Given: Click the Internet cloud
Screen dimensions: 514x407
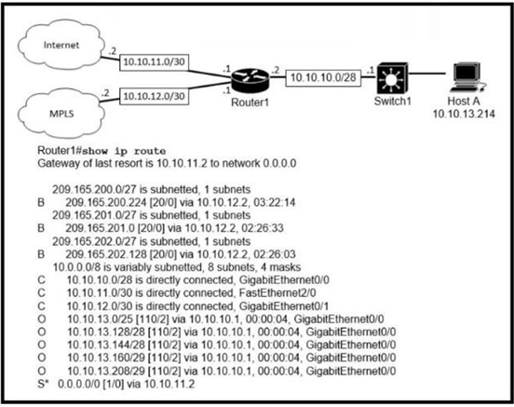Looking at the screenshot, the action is [61, 45].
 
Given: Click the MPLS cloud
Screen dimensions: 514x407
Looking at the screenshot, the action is [61, 113].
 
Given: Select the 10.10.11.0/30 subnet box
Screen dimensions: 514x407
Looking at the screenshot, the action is [154, 62].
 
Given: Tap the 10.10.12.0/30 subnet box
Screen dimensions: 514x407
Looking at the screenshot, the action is [154, 97].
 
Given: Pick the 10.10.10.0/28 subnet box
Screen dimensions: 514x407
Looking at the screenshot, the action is [323, 77].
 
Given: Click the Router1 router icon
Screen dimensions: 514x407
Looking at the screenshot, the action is [250, 80].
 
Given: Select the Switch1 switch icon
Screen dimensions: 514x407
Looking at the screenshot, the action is [392, 79].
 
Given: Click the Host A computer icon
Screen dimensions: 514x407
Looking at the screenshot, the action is [467, 78].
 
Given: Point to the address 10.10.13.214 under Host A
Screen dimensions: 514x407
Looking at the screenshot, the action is [464, 114].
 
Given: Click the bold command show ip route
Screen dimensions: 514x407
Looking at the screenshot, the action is [124, 151].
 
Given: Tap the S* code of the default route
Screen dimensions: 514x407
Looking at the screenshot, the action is [43, 384].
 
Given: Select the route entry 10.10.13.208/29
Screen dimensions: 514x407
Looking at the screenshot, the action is [106, 371].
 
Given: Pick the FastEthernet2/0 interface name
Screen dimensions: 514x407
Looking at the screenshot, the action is [277, 292].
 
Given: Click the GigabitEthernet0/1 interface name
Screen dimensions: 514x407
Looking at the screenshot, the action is [284, 306].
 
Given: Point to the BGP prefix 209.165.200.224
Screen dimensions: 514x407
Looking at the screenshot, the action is [106, 202].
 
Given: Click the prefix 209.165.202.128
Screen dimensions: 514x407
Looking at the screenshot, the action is [106, 254].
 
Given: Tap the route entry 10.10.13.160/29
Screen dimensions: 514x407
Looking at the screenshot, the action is [106, 358].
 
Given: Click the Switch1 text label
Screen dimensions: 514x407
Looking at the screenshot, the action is [392, 101].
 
